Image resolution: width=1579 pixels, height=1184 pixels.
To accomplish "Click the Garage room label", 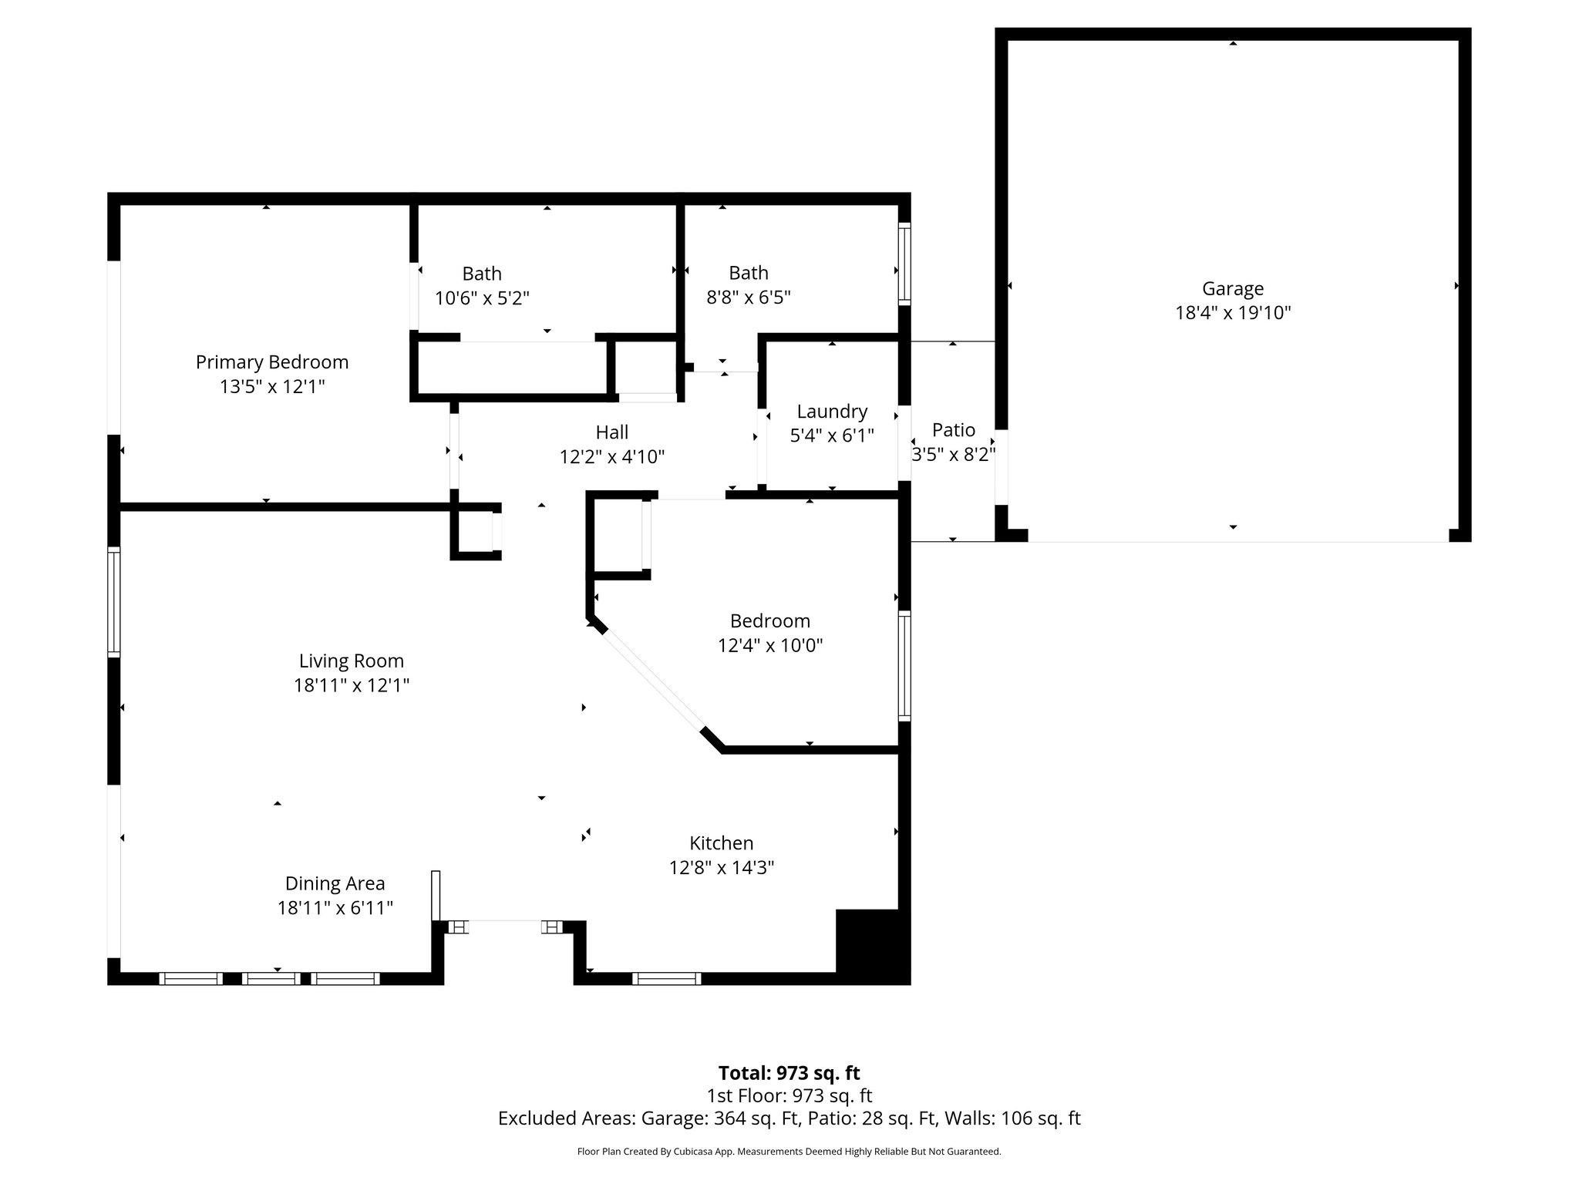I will [1232, 288].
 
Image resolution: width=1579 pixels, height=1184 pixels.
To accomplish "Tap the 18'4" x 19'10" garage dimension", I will [1232, 313].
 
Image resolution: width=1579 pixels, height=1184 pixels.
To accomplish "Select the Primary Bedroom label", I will [271, 362].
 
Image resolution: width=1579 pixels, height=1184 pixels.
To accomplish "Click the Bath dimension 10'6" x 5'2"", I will [482, 298].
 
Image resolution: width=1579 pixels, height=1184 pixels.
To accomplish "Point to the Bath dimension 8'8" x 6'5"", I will [748, 298].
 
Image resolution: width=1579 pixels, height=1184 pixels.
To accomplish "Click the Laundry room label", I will [831, 411].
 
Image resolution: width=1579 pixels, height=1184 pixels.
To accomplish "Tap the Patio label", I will [953, 429].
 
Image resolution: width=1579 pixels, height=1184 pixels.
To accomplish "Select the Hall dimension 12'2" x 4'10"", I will [611, 457].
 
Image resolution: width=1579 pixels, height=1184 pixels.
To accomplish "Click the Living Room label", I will [351, 661].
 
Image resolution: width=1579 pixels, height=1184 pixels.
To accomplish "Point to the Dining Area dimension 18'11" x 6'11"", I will [335, 908].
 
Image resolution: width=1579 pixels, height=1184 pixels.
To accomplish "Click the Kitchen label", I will [721, 843].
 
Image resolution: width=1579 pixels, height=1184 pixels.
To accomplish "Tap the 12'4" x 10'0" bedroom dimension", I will [769, 645].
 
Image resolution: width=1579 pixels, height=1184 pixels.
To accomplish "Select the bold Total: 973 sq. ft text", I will [789, 1073].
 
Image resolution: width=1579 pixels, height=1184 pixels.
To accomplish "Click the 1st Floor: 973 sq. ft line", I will [789, 1095].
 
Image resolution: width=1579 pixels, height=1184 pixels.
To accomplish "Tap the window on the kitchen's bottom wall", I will [666, 978].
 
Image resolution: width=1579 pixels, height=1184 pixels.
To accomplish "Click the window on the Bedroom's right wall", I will [904, 666].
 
